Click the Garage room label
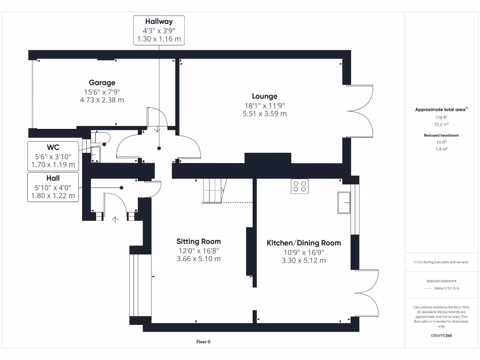(102, 83)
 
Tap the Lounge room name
(264, 97)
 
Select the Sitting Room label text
(198, 242)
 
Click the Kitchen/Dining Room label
(304, 243)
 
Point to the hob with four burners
(300, 187)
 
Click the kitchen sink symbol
(344, 202)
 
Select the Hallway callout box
(159, 30)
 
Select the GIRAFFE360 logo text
(441, 336)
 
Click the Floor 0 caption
(203, 342)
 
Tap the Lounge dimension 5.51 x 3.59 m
(264, 114)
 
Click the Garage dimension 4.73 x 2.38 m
(102, 100)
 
